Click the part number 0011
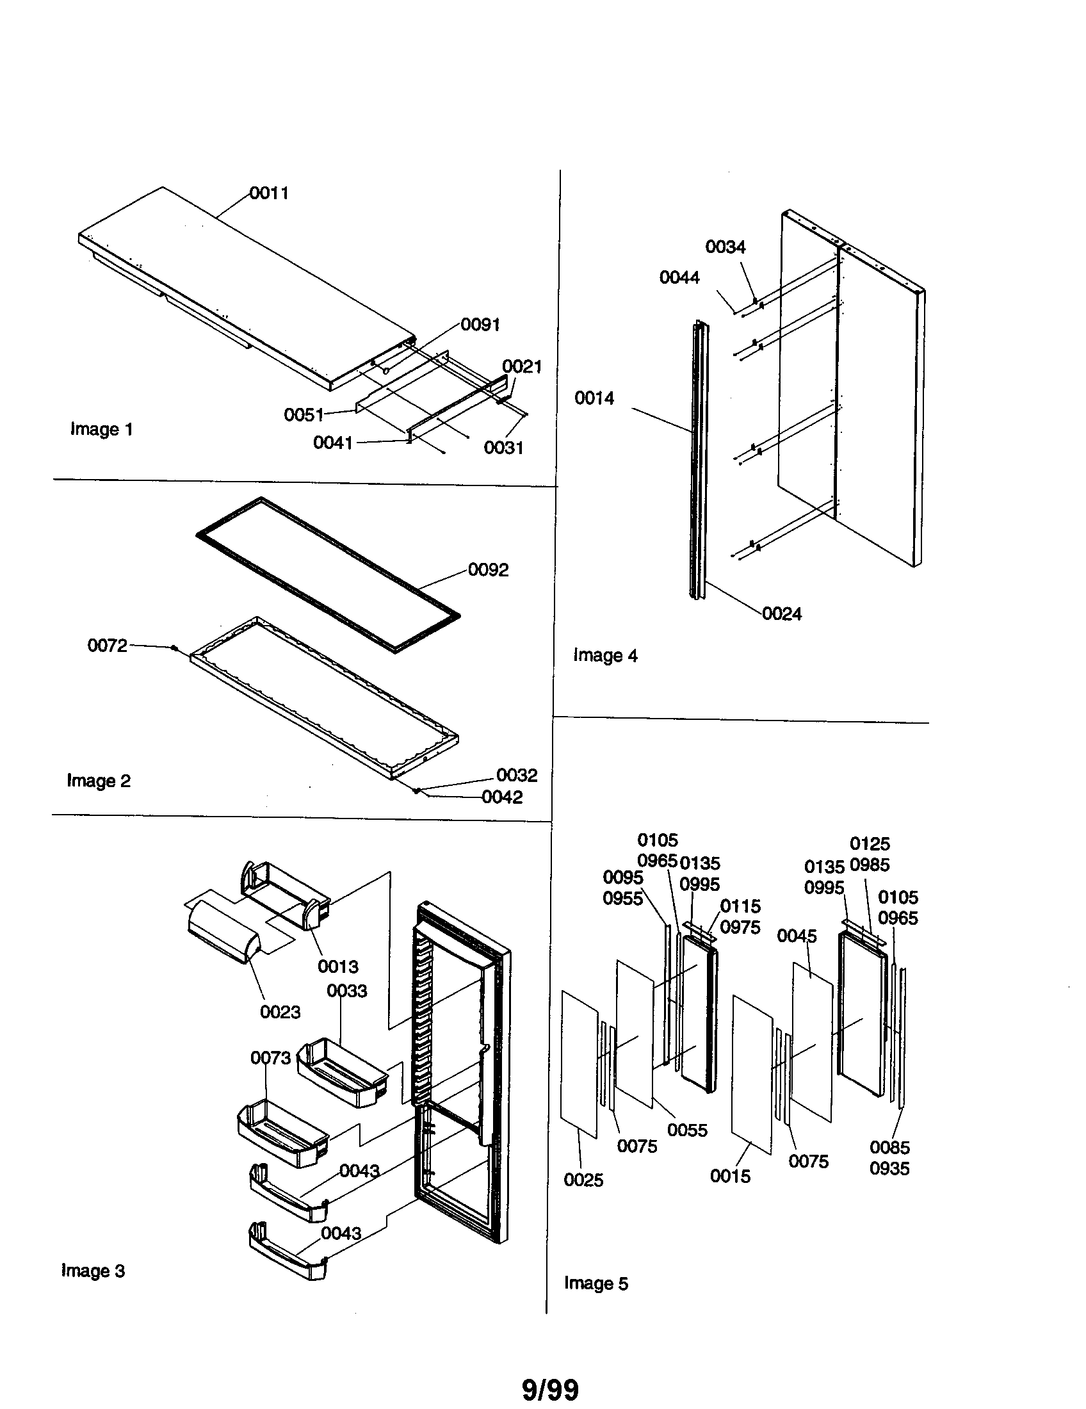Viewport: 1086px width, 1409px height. point(269,193)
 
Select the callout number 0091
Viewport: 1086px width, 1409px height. point(480,325)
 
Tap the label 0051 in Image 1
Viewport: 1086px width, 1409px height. point(304,415)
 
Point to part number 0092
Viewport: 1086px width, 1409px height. point(488,569)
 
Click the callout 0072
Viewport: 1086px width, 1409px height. point(107,645)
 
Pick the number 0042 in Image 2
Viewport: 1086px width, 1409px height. point(503,797)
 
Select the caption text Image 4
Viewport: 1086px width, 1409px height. point(606,655)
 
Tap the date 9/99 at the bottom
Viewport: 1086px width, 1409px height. point(550,1390)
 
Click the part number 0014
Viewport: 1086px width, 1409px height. point(594,398)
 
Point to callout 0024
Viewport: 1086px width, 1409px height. point(782,614)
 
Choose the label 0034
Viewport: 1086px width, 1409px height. point(725,247)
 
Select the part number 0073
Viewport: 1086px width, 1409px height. point(270,1058)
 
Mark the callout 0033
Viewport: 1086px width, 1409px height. point(346,991)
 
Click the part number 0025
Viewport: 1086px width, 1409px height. point(583,1180)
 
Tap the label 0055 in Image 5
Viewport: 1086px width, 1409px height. point(687,1130)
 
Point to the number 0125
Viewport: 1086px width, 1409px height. point(870,844)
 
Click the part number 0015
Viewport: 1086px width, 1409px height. point(730,1176)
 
